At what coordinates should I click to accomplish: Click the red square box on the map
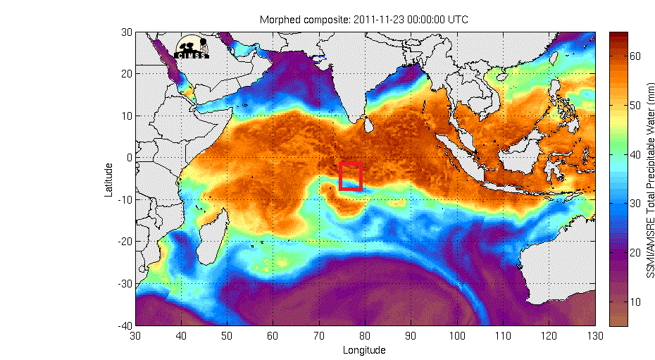(x=351, y=176)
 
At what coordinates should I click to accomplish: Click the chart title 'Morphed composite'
(x=304, y=20)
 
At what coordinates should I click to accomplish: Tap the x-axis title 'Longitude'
(x=363, y=350)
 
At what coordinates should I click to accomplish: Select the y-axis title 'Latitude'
(x=109, y=180)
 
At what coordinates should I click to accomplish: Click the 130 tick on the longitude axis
(x=594, y=336)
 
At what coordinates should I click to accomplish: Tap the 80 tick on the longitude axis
(x=365, y=336)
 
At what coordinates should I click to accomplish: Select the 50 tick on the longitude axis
(x=227, y=336)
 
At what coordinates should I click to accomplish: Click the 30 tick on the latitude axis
(x=127, y=32)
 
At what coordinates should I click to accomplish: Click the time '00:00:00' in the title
(x=423, y=20)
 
